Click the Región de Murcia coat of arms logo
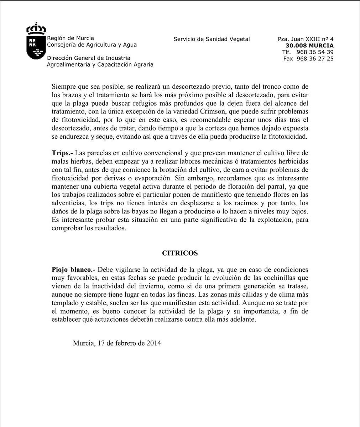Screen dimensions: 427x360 [36, 42]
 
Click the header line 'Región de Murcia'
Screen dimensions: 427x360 [71, 38]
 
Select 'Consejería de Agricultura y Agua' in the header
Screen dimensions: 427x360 [92, 45]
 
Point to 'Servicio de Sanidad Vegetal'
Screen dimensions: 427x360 [212, 39]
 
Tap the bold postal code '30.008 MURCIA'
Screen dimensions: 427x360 [309, 46]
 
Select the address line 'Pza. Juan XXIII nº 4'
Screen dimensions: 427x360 [306, 39]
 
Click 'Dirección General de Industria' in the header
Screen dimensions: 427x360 [89, 58]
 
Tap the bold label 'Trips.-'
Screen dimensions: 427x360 [62, 153]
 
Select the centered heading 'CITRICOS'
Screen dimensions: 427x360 [180, 253]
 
